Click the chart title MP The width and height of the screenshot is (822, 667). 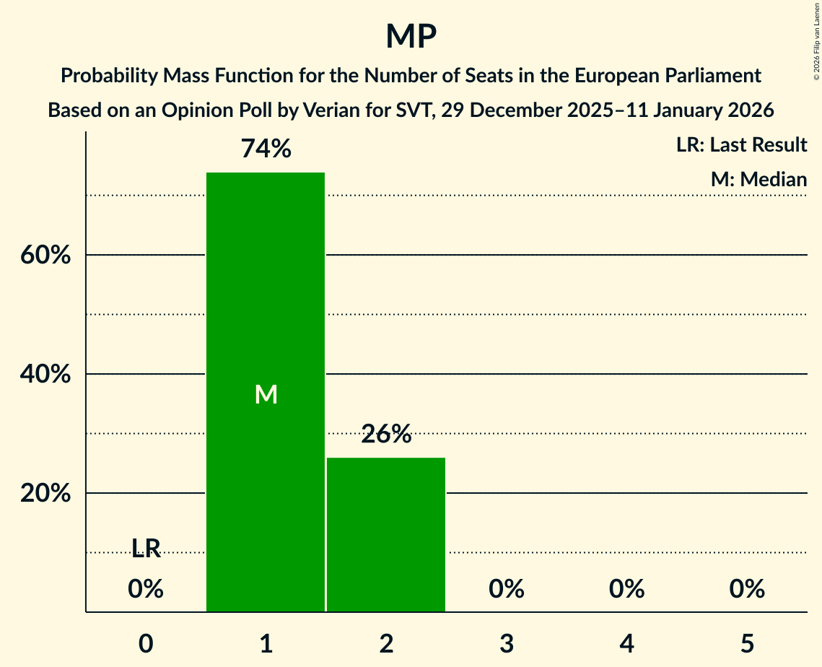tap(411, 36)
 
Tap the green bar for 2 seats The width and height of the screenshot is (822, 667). tap(386, 534)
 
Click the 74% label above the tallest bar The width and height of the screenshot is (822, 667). tap(266, 149)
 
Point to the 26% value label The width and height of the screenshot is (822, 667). tap(386, 435)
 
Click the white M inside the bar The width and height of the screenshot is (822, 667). tap(266, 394)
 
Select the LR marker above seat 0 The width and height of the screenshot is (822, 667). tap(146, 549)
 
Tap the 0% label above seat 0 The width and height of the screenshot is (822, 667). tap(146, 589)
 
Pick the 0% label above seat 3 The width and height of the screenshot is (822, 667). tap(507, 589)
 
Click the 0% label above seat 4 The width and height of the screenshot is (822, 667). tap(626, 589)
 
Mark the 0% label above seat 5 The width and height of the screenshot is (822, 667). tap(747, 589)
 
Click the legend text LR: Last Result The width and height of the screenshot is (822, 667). tap(741, 145)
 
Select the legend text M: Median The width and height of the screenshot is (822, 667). tap(758, 179)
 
